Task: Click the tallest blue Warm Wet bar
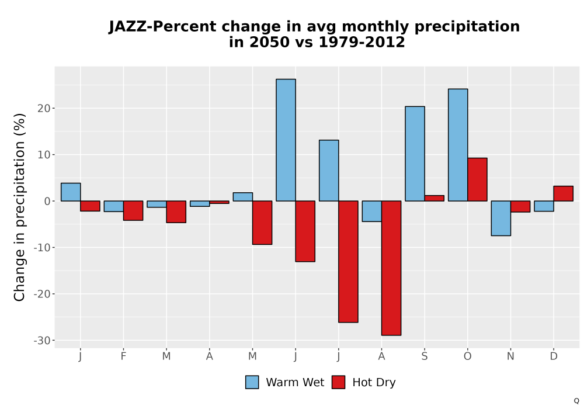coord(286,140)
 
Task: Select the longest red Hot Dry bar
coord(391,268)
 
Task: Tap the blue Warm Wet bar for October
coord(458,145)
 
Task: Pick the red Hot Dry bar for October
coord(477,179)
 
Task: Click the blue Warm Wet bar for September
coord(415,154)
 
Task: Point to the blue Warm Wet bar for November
coord(501,219)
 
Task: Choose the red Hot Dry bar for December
coord(563,194)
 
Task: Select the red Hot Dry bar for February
coord(133,210)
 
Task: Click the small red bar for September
coord(434,198)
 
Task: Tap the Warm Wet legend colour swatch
coord(252,382)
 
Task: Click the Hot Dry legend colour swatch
coord(338,382)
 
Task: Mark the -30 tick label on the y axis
coord(41,341)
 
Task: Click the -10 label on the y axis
coord(41,247)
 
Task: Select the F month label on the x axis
coord(123,356)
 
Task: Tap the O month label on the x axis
coord(467,356)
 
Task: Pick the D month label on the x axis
coord(554,356)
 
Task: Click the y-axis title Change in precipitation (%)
coord(19,207)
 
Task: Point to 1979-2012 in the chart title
coord(361,42)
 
